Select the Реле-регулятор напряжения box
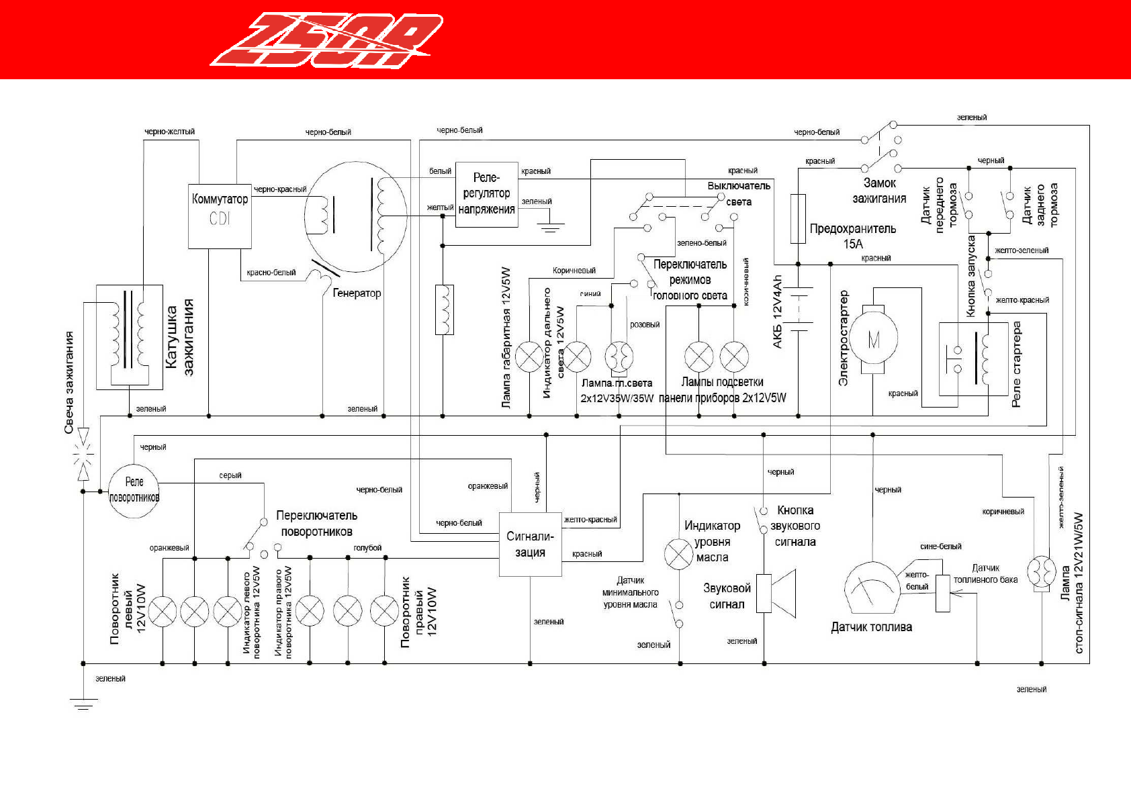(x=486, y=194)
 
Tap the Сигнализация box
(x=530, y=545)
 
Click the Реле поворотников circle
(x=134, y=491)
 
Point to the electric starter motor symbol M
(x=873, y=339)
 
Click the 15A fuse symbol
(x=798, y=219)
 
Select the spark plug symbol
(x=83, y=455)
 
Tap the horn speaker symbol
(x=776, y=594)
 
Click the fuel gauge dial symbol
(x=871, y=587)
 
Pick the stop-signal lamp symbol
(x=1041, y=572)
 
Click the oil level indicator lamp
(x=678, y=554)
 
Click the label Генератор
(x=357, y=293)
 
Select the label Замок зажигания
(x=879, y=191)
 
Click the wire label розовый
(x=645, y=325)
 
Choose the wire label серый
(x=230, y=475)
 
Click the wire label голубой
(x=367, y=548)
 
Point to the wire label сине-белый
(x=940, y=547)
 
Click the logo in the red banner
(x=327, y=40)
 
